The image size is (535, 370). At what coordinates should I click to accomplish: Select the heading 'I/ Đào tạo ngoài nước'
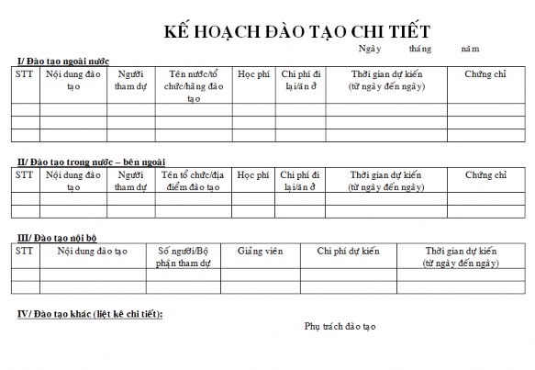click(x=63, y=61)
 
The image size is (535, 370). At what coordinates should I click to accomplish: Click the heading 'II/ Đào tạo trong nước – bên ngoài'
click(x=87, y=162)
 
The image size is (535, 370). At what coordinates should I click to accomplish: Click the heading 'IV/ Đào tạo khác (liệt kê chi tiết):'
click(x=91, y=314)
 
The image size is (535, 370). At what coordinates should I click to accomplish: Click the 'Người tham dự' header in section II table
click(x=131, y=180)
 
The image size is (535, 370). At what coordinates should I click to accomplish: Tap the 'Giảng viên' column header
click(x=260, y=251)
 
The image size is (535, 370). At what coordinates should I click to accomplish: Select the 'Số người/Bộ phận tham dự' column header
click(x=184, y=256)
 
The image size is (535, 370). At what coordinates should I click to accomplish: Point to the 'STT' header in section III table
click(x=25, y=250)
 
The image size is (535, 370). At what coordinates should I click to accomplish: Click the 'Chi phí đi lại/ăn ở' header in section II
click(x=299, y=180)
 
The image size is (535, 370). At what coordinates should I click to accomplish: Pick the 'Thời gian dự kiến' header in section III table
click(x=461, y=256)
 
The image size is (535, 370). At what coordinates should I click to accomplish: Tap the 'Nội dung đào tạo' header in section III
click(x=92, y=251)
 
